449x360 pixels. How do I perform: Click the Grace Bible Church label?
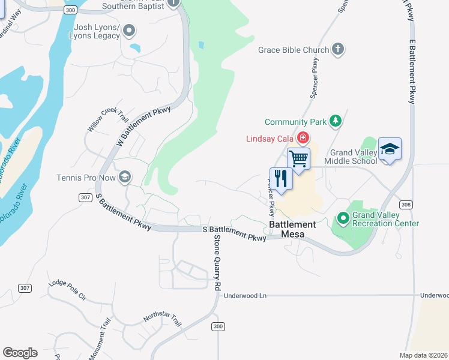tap(294, 50)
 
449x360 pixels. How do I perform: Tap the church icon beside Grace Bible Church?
tap(339, 49)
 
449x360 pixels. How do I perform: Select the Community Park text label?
tap(296, 122)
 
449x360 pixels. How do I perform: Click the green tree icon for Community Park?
tap(336, 122)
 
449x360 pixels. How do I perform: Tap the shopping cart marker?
tap(298, 160)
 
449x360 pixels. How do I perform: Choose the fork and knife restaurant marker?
tap(280, 178)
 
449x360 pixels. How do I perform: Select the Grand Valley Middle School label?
tap(351, 157)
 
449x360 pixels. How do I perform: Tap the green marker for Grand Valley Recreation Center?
tap(343, 218)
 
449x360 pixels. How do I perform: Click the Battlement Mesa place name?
tap(292, 224)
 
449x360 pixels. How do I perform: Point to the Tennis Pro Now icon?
tap(125, 176)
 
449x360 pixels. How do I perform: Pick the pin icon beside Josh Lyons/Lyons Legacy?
tap(130, 32)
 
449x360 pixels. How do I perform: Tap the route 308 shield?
tap(406, 205)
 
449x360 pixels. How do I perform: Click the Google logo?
tap(20, 352)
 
